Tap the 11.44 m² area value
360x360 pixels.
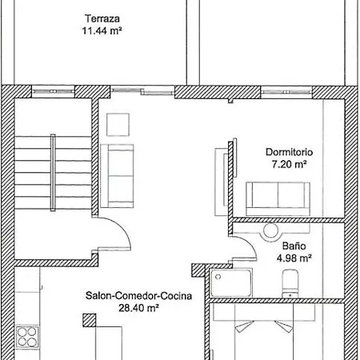[x=101, y=31]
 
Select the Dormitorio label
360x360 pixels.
[x=289, y=152]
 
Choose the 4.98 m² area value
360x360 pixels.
[x=294, y=258]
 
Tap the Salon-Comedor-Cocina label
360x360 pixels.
[x=138, y=294]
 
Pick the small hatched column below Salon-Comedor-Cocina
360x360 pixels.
[x=89, y=319]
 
